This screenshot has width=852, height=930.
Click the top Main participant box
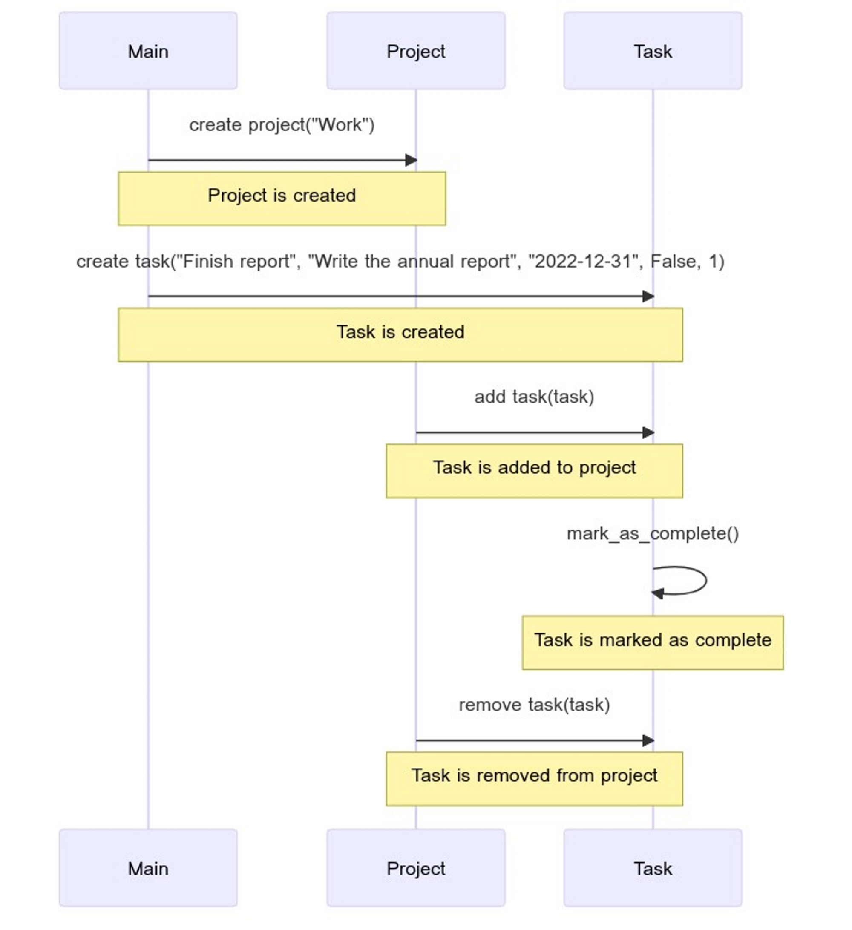(x=148, y=51)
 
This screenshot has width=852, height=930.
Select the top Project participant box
(x=416, y=51)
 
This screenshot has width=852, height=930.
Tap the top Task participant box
(x=652, y=51)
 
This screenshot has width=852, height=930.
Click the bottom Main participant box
(x=148, y=868)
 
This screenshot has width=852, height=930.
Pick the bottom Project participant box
(x=416, y=868)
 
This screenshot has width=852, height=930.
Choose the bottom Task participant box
(x=652, y=868)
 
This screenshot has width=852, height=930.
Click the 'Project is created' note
(x=282, y=199)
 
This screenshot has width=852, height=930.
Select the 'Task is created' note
(x=400, y=334)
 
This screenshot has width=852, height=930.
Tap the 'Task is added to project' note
(x=534, y=470)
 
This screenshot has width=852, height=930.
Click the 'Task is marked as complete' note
(x=652, y=642)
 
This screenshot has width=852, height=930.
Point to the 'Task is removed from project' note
(x=534, y=779)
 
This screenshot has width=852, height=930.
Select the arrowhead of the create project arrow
(x=411, y=160)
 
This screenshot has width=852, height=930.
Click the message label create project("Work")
(x=282, y=125)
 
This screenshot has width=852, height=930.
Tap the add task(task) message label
(x=534, y=397)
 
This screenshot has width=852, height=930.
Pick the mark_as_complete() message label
(x=652, y=533)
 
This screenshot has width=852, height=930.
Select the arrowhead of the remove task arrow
(x=648, y=741)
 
